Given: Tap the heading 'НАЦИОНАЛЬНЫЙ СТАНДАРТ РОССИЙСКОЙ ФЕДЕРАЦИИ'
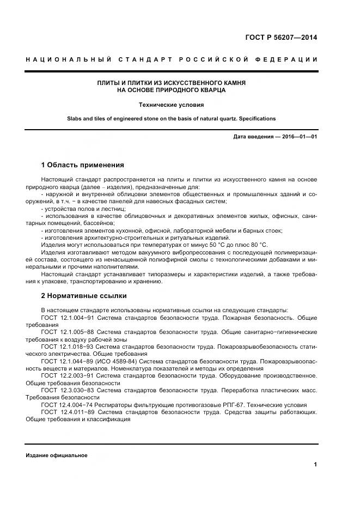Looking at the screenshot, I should click(x=172, y=59).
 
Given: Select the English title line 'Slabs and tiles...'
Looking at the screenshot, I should click(x=172, y=118).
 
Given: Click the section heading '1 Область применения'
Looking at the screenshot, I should click(x=82, y=165).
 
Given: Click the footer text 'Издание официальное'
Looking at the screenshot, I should click(x=56, y=455).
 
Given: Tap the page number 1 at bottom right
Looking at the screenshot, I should click(x=315, y=464).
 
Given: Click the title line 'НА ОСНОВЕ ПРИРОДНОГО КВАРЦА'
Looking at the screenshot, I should click(x=172, y=90).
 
